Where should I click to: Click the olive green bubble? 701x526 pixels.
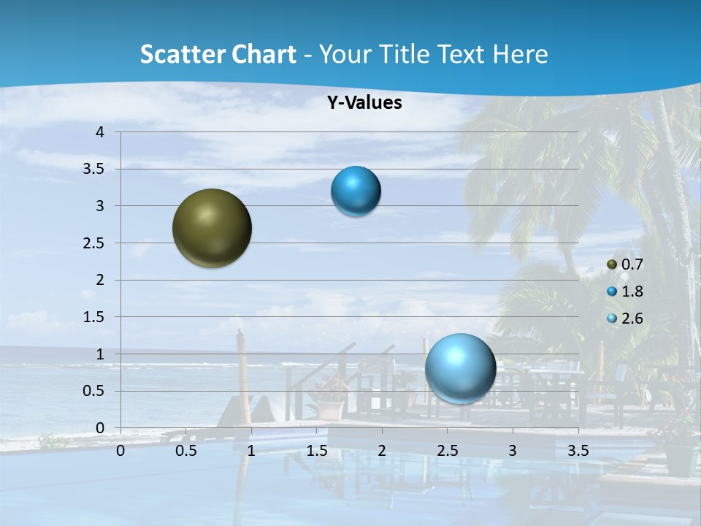212,228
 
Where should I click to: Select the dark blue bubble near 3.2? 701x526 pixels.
356,191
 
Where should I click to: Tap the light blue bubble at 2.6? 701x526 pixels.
460,368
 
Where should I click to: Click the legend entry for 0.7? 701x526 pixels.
626,264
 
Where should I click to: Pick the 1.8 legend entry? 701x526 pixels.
626,291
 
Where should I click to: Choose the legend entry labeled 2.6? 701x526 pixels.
626,319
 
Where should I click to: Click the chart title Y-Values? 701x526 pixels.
364,103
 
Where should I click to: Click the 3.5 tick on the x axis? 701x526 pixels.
578,451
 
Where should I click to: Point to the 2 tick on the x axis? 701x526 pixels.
382,451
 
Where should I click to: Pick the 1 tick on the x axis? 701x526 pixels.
251,451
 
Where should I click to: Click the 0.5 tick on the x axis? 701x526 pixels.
186,451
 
